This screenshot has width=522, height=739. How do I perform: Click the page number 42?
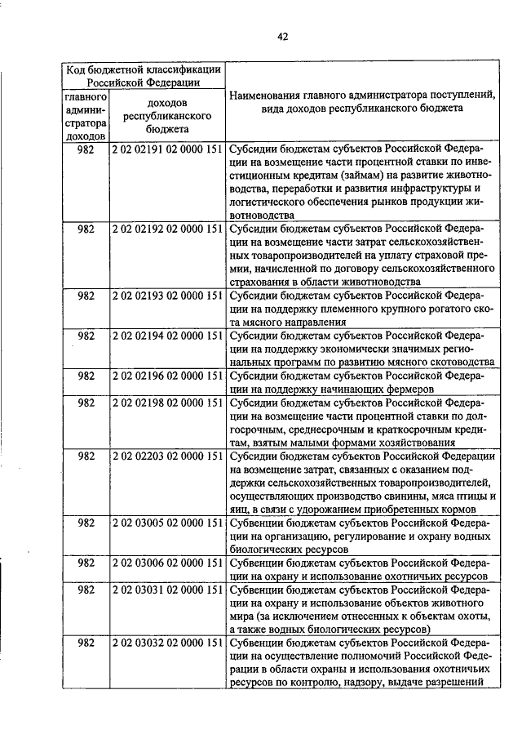(x=282, y=36)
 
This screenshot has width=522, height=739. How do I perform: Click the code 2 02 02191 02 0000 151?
(x=167, y=150)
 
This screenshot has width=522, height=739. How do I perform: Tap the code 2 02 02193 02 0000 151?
(x=167, y=296)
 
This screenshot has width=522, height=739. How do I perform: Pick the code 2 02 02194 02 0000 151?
(x=167, y=336)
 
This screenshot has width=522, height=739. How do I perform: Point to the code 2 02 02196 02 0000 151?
(x=167, y=376)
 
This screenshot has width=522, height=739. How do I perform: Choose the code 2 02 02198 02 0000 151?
(x=167, y=403)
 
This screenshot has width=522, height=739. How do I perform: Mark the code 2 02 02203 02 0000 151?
(x=167, y=456)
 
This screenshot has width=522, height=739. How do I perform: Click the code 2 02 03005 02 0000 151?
(x=167, y=523)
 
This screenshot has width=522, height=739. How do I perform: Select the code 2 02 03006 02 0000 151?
(x=167, y=563)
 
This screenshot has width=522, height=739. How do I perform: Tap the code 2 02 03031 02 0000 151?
(x=167, y=590)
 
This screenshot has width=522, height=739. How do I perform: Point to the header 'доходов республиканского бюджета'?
(x=167, y=116)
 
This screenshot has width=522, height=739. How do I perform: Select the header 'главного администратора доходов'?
(x=86, y=116)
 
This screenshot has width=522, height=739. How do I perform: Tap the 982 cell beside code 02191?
(x=86, y=150)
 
